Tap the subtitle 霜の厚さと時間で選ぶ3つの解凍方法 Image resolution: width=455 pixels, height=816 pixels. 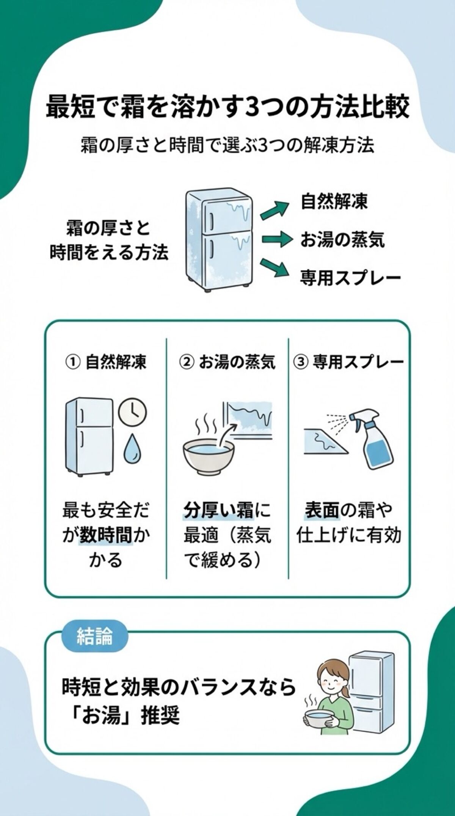pyautogui.click(x=227, y=145)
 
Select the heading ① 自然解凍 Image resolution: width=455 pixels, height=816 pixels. pyautogui.click(x=106, y=362)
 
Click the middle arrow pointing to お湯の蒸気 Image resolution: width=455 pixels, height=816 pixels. pyautogui.click(x=276, y=239)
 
